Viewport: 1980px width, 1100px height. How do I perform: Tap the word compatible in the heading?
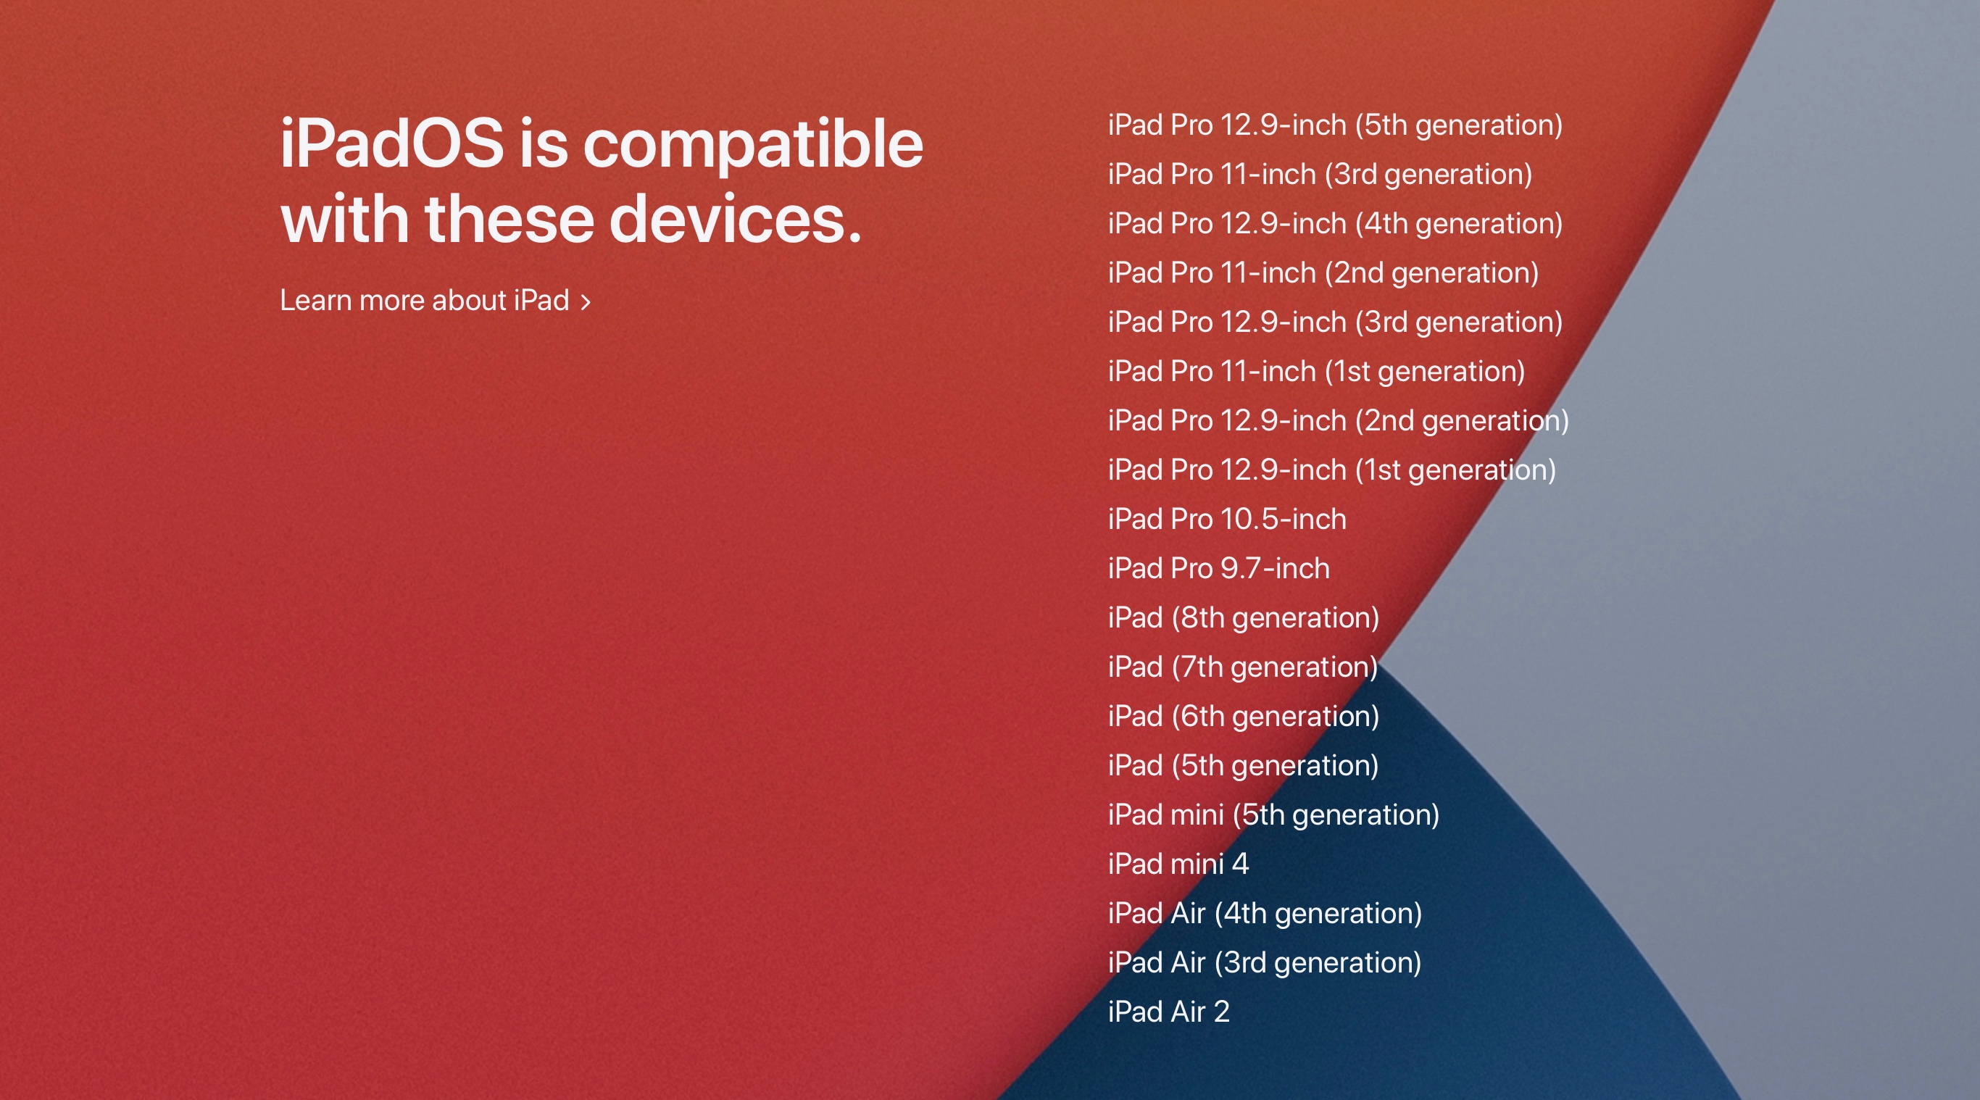[x=753, y=146]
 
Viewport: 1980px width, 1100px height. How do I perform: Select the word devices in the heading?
[x=736, y=219]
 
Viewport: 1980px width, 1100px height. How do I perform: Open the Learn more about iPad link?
[x=435, y=301]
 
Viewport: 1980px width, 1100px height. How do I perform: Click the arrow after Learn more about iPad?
[x=586, y=302]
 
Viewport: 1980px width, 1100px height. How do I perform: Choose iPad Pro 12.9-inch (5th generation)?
[x=1335, y=125]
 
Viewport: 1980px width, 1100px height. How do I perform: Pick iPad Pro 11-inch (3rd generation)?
[x=1320, y=175]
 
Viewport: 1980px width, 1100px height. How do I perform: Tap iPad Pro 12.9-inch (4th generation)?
[x=1335, y=224]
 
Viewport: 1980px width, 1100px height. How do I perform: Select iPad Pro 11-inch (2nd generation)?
[x=1323, y=273]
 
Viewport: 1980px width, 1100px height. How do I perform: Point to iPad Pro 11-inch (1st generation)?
[x=1317, y=371]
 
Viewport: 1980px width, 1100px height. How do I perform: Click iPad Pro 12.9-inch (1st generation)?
[x=1332, y=470]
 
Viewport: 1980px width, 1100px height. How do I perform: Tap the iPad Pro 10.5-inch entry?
[x=1228, y=519]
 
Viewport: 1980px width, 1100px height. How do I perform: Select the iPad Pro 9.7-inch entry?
[x=1219, y=568]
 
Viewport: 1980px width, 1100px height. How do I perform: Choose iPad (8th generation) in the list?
[x=1244, y=618]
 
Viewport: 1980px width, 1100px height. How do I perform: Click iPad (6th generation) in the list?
[x=1244, y=717]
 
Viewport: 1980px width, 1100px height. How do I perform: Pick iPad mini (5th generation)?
[x=1273, y=814]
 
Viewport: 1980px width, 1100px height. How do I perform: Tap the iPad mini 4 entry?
[x=1178, y=864]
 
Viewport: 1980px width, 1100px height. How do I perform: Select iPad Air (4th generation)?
[x=1265, y=913]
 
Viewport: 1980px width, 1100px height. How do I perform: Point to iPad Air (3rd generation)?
[x=1265, y=962]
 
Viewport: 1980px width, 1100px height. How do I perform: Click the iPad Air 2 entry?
[x=1169, y=1012]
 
